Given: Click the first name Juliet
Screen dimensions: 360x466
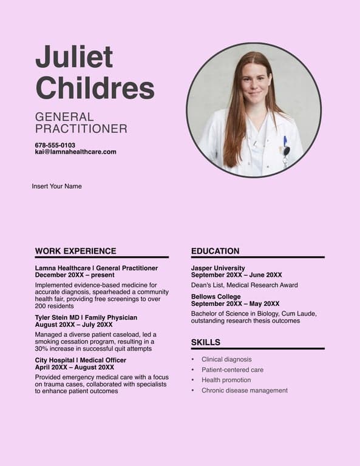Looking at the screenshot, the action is tap(74, 57).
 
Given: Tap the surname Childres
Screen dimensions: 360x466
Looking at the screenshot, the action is tap(95, 87).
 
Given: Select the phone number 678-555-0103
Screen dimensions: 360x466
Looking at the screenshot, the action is tap(55, 146).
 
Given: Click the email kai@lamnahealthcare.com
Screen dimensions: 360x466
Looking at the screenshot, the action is tap(75, 152).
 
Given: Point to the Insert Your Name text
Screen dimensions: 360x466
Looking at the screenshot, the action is tap(56, 186).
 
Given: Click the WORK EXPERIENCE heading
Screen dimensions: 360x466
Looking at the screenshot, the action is tap(75, 251).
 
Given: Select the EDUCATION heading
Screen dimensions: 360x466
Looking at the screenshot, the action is tap(215, 251).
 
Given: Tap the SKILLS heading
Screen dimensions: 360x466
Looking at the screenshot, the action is tap(206, 342).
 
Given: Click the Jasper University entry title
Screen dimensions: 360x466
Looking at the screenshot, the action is tap(218, 268).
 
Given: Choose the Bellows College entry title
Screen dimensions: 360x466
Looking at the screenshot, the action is tap(216, 297).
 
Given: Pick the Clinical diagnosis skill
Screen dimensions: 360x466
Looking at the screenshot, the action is tap(226, 359).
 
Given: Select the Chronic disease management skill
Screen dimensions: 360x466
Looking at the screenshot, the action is tap(245, 390).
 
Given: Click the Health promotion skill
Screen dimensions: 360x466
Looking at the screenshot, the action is tap(226, 380).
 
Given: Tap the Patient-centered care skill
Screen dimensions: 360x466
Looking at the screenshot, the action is tap(233, 370).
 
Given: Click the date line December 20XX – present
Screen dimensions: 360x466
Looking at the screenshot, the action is tap(75, 275).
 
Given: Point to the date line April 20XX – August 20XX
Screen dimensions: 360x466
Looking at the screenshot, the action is tap(75, 367).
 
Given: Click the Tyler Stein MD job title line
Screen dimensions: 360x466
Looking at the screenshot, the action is tap(86, 317).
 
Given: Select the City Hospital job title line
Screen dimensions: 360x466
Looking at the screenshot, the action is tap(81, 360).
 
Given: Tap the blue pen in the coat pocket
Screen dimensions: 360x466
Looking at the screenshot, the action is tap(285, 141).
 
